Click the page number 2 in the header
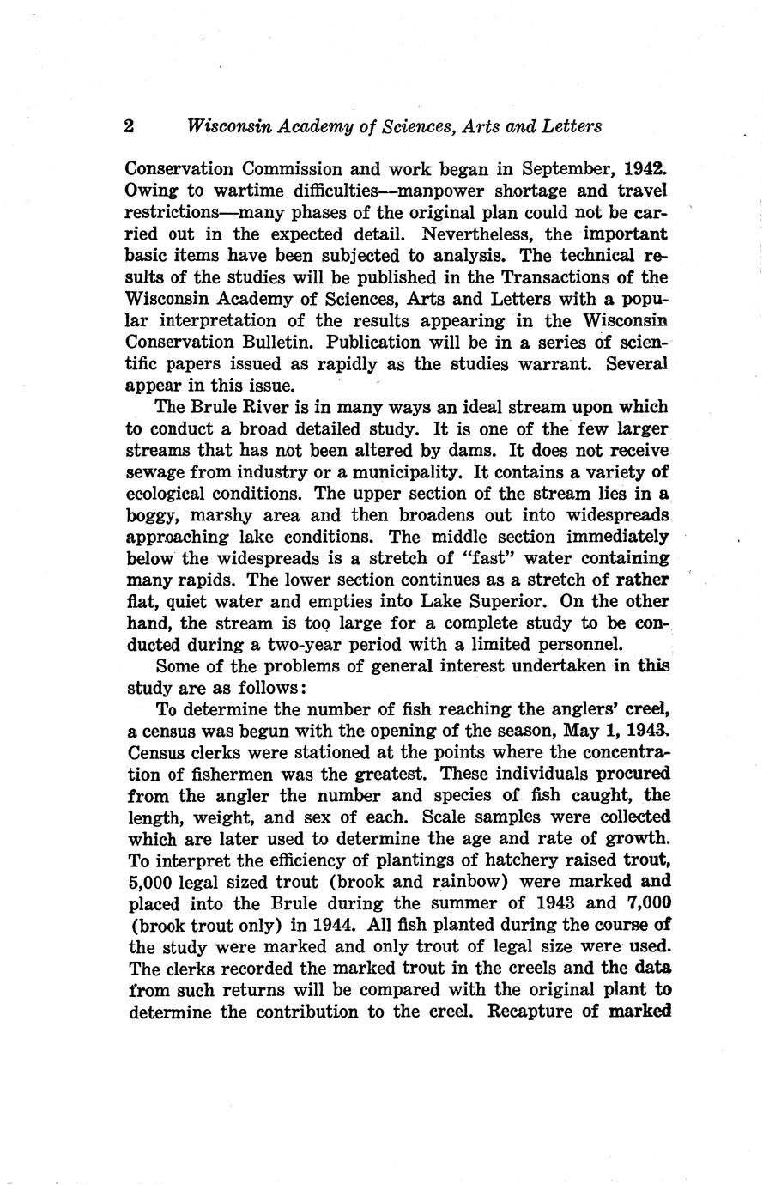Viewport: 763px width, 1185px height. [x=130, y=126]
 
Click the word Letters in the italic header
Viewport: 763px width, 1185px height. [x=572, y=126]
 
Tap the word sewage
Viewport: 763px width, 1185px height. [x=158, y=472]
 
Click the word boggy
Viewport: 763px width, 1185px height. [x=153, y=517]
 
